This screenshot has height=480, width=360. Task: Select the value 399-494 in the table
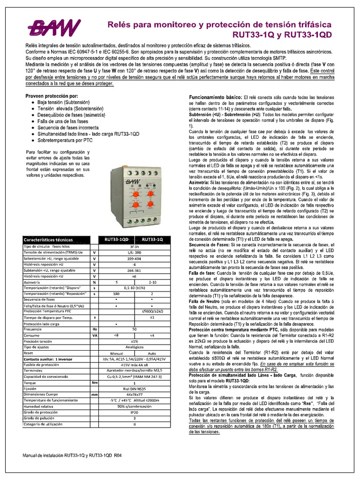point(135,258)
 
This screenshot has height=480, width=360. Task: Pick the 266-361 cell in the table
point(135,270)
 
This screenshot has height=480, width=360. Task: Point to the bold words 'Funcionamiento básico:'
point(213,96)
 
